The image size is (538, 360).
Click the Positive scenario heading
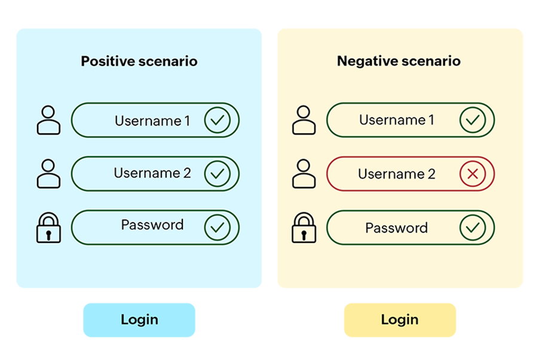[x=139, y=61]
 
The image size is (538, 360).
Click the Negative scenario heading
[x=399, y=61]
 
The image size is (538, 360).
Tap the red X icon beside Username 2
[x=472, y=174]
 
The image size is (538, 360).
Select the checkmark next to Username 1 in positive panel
[x=217, y=121]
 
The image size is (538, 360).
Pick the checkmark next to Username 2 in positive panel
[x=217, y=174]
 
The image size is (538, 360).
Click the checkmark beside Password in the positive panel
[x=217, y=227]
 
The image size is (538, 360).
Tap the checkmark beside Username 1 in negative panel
[x=472, y=121]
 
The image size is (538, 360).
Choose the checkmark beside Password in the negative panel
[x=472, y=227]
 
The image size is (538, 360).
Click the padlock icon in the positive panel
[x=48, y=228]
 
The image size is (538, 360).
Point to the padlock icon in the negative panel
[x=304, y=228]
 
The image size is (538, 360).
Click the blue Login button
[x=139, y=319]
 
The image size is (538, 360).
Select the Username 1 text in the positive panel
[x=152, y=121]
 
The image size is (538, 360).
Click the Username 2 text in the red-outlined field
[x=396, y=174]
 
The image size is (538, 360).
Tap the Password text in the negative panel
[x=396, y=228]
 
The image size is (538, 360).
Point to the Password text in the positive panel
[x=152, y=225]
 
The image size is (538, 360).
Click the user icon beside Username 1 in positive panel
[x=48, y=120]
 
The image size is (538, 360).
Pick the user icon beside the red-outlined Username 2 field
[x=304, y=173]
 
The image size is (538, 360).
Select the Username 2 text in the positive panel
[x=152, y=173]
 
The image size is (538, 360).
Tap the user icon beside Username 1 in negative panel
[x=304, y=120]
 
